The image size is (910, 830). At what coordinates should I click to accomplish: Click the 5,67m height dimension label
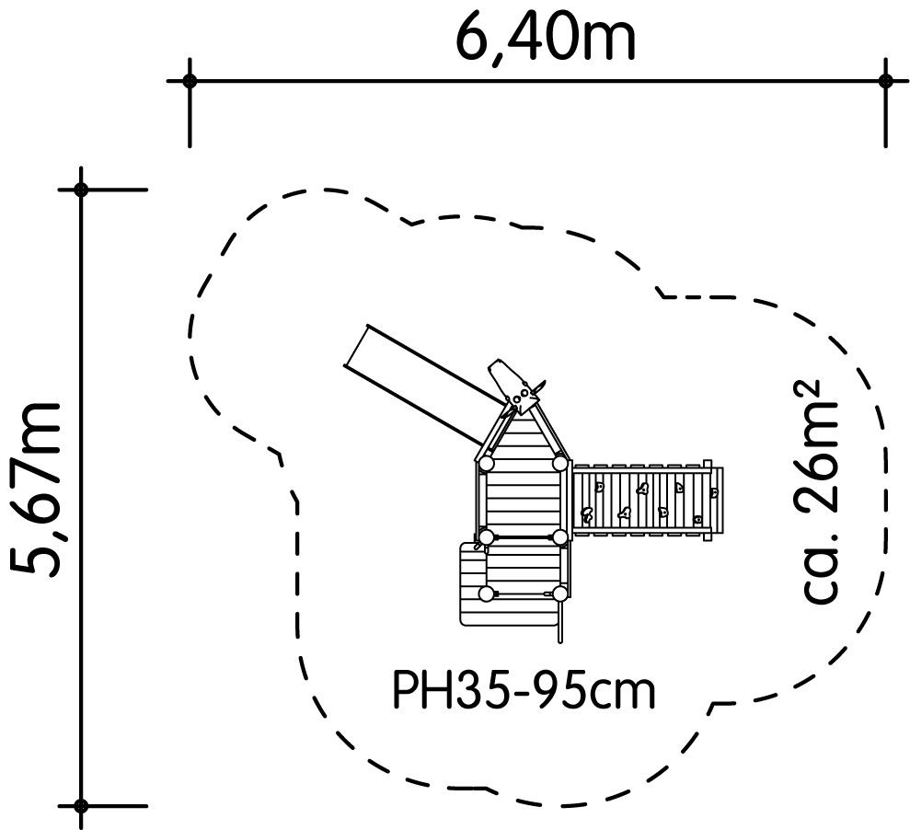click(x=36, y=490)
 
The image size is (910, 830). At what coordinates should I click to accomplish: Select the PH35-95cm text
click(x=524, y=690)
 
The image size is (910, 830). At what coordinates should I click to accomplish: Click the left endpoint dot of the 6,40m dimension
click(x=190, y=81)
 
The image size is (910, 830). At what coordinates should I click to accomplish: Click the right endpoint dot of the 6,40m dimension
click(x=885, y=81)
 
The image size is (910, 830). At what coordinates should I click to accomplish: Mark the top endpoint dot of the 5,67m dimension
click(x=81, y=190)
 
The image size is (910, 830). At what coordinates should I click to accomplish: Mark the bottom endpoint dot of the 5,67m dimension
click(x=81, y=806)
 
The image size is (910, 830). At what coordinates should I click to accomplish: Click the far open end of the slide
click(x=356, y=346)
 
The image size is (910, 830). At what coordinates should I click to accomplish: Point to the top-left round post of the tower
click(x=487, y=463)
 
